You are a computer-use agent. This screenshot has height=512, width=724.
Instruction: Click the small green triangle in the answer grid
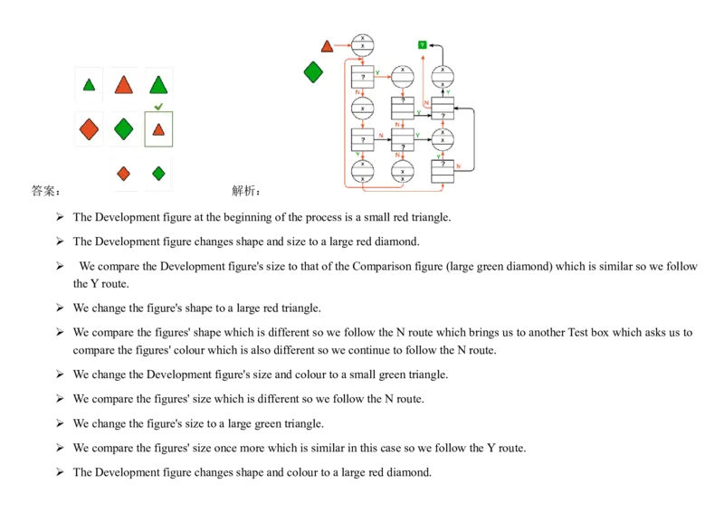coord(89,85)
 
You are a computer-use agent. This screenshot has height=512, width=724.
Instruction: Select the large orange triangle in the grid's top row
coord(124,85)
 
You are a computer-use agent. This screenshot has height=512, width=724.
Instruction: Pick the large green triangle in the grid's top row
coord(158,85)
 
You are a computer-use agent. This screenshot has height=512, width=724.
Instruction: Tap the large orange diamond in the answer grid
coord(89,129)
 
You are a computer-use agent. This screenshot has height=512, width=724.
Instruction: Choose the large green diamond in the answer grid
coord(124,129)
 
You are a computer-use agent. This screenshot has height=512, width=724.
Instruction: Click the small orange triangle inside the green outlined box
coord(158,130)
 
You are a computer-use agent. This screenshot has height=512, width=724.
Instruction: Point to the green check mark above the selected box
coord(158,107)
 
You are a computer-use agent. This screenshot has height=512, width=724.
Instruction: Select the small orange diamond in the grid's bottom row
coord(124,173)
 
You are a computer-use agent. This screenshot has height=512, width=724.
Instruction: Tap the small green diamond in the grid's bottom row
coord(158,173)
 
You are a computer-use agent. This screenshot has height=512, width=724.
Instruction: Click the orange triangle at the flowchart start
coord(327,45)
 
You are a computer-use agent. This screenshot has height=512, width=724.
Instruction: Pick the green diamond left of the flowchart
coord(313,71)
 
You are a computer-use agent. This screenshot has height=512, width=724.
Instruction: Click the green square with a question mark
coord(422,44)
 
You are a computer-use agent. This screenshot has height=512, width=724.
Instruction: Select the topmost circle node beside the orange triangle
coord(362,44)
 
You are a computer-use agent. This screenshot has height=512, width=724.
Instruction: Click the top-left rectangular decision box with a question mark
coord(362,77)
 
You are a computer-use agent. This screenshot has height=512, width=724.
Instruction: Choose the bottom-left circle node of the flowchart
coord(362,172)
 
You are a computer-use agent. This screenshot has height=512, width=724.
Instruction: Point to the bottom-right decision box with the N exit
coord(443,171)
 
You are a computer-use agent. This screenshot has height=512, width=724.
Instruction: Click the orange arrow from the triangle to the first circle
coord(342,45)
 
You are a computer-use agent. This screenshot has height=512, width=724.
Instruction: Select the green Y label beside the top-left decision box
coord(376,71)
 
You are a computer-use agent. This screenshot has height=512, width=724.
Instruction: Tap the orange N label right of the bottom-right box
coord(459,166)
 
